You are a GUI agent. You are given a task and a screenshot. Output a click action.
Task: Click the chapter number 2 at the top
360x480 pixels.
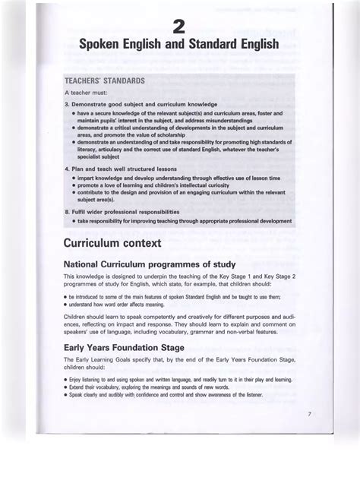179,28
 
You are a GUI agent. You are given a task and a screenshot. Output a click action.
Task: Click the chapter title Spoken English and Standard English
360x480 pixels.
179,46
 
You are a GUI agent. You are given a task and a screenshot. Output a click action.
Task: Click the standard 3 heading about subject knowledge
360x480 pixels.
141,104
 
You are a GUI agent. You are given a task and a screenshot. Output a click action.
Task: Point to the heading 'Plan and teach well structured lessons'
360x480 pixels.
121,169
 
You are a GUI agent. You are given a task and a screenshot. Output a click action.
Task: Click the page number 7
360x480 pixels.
310,414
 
